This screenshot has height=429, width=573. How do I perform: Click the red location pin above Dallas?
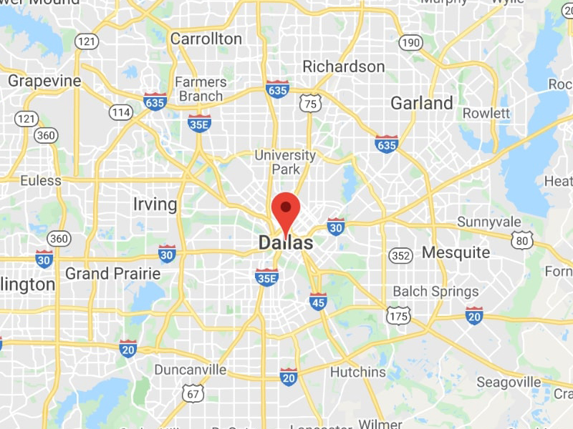click(286, 209)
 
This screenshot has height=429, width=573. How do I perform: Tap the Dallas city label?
click(286, 243)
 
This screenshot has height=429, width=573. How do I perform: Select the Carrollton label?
click(206, 39)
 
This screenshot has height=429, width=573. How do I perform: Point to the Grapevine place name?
click(44, 81)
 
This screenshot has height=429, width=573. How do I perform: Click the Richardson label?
click(343, 66)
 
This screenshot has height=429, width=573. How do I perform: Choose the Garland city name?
click(421, 103)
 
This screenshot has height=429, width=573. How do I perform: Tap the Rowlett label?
click(486, 114)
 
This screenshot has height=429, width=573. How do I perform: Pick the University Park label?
click(285, 162)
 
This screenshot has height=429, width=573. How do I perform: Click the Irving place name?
click(155, 204)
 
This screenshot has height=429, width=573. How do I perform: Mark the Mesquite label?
click(456, 252)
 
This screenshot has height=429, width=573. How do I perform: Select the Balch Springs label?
click(435, 291)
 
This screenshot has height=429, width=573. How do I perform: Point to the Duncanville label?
click(191, 370)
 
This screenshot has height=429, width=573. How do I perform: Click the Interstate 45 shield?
click(319, 301)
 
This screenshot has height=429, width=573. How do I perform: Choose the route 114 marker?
click(120, 112)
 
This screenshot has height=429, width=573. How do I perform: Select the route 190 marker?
click(410, 43)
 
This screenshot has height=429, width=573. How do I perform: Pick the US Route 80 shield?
click(524, 240)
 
